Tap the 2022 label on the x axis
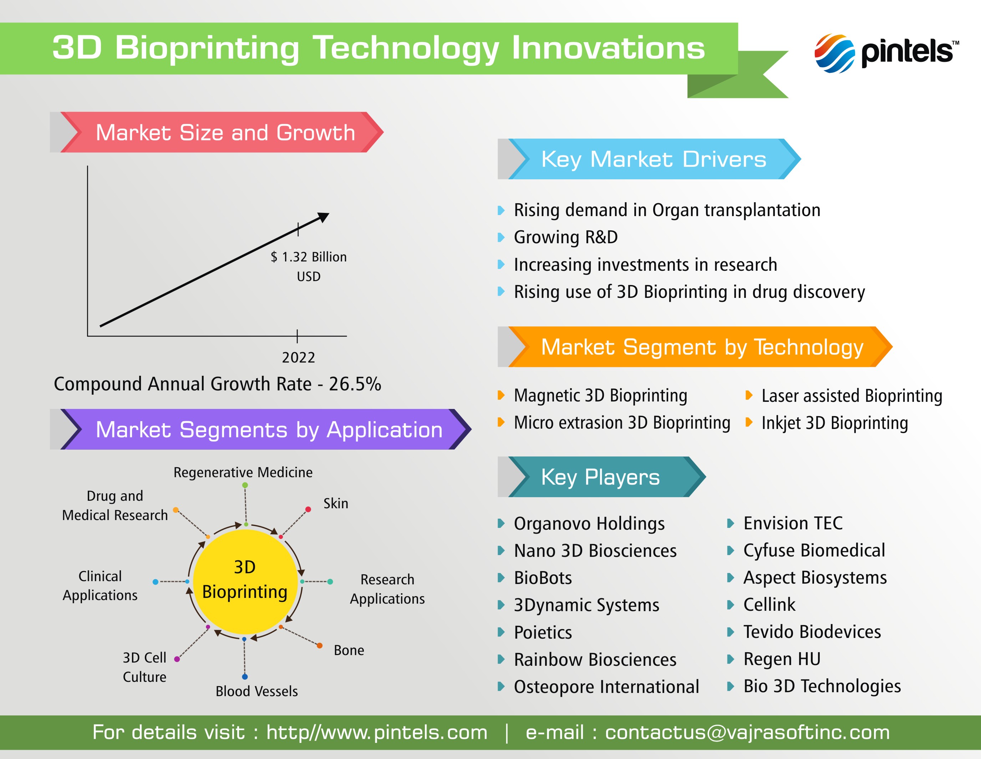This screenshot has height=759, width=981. (298, 358)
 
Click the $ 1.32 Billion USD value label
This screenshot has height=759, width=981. (309, 266)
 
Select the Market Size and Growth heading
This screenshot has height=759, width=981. (225, 133)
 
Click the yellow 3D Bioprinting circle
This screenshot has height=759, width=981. (245, 581)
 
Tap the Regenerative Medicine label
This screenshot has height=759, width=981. (243, 472)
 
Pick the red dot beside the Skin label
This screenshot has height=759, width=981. (308, 509)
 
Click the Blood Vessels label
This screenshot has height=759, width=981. (256, 691)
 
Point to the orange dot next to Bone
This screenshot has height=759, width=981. (319, 646)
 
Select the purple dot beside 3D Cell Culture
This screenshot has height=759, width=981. (177, 659)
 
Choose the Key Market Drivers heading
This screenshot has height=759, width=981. (654, 159)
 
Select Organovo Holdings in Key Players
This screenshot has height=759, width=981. (589, 524)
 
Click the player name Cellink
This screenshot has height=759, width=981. (769, 604)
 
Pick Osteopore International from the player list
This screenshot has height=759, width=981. (606, 686)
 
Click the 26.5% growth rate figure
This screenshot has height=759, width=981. (355, 384)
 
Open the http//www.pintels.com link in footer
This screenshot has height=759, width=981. (376, 733)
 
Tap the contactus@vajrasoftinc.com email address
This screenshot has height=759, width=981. (747, 733)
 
